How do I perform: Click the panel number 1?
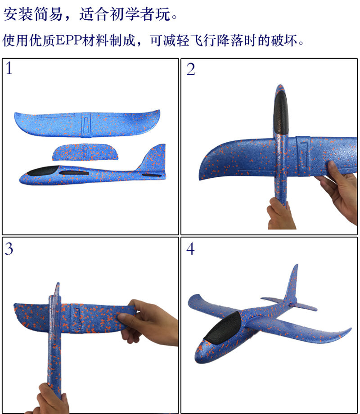click(x=9, y=68)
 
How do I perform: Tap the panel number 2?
click(x=191, y=69)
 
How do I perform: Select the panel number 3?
click(x=9, y=248)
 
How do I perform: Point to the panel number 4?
click(x=190, y=249)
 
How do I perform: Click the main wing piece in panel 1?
click(x=87, y=124)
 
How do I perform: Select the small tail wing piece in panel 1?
click(x=85, y=152)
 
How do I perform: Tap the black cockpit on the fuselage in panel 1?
click(x=43, y=171)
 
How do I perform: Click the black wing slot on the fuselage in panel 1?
click(x=74, y=173)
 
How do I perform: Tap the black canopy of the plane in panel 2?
click(x=280, y=112)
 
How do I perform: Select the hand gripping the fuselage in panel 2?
click(x=281, y=214)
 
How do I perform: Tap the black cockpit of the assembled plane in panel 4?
click(x=222, y=328)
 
